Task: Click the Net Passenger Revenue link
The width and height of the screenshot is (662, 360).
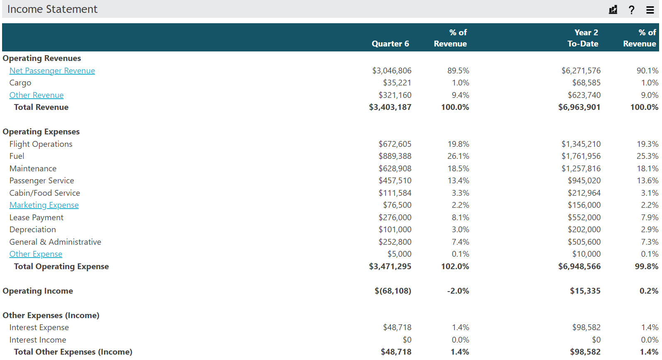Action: tap(52, 71)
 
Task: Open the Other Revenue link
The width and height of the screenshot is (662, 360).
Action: tap(36, 95)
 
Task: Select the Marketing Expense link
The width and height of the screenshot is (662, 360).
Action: tap(44, 205)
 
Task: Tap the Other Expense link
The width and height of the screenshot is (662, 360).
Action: tap(36, 254)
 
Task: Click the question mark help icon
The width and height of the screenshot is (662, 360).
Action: tap(631, 10)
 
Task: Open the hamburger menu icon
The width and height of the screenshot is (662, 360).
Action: tap(650, 10)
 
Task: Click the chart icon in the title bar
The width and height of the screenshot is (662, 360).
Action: tap(613, 10)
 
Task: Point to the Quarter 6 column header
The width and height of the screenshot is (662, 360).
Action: tap(390, 44)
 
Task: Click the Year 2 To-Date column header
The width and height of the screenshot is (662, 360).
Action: tap(583, 38)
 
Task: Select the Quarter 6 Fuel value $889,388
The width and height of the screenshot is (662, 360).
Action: tap(395, 156)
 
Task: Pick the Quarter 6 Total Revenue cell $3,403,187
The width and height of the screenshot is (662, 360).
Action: tap(390, 107)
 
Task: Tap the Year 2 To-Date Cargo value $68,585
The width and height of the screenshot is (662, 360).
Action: tap(586, 83)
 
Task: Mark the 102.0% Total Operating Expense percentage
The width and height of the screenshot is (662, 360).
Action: tap(455, 266)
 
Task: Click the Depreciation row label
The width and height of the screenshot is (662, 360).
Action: tap(32, 229)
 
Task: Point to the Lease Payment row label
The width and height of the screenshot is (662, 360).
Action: tap(36, 217)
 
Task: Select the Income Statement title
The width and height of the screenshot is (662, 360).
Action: tap(52, 9)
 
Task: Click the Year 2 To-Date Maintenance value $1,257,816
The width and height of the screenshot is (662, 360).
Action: tap(581, 168)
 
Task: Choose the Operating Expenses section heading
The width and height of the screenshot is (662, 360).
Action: tap(41, 131)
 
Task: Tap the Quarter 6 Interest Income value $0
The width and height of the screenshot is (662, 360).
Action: tap(407, 340)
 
